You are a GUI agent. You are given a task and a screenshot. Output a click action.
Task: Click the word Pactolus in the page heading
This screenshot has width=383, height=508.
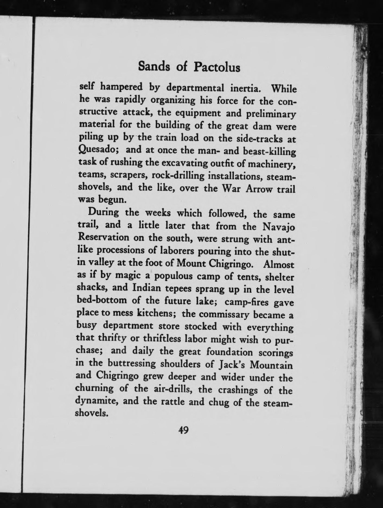(x=217, y=67)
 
